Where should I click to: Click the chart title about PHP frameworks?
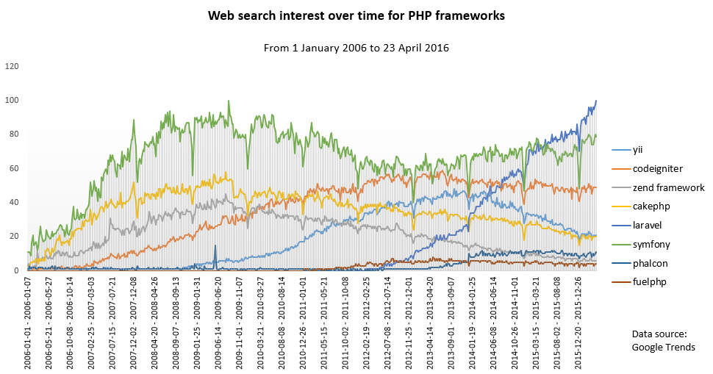[356, 15]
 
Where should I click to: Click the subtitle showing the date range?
[356, 47]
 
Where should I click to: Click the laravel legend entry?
[643, 225]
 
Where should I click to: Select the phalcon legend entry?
[645, 262]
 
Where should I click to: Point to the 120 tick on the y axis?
[11, 66]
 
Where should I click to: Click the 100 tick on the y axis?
[11, 100]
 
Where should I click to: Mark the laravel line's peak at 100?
[595, 101]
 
